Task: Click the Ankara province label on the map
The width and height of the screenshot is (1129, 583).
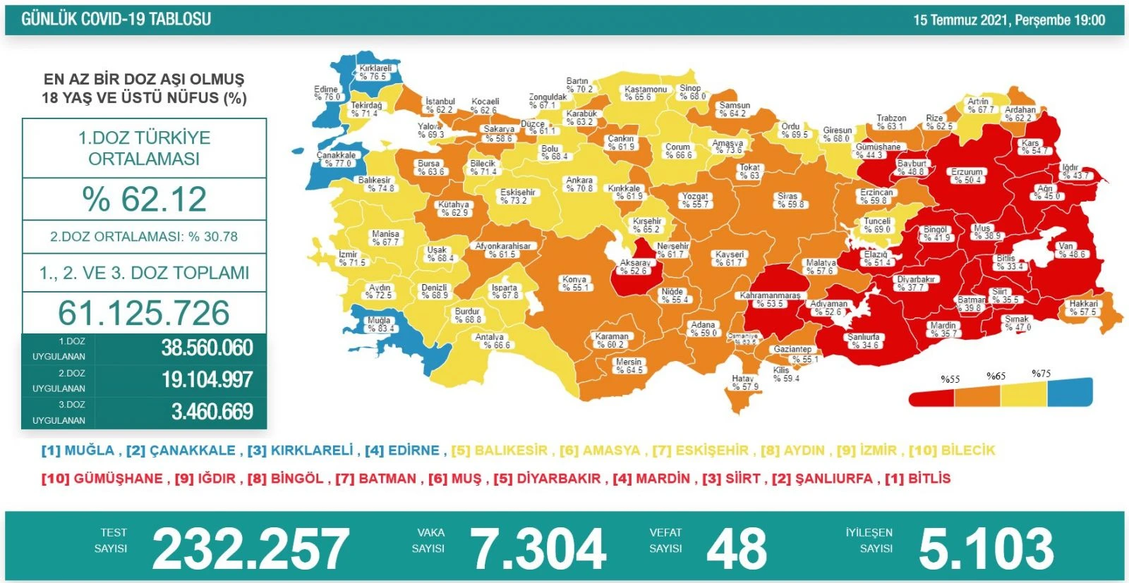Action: click(579, 184)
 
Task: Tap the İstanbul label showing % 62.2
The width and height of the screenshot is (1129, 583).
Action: click(440, 106)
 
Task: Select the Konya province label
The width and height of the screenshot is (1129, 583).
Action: click(574, 283)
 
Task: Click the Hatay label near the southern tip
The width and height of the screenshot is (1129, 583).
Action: click(744, 383)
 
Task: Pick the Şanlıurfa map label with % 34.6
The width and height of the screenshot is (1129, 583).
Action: click(864, 341)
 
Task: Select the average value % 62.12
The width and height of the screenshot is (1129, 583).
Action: click(145, 200)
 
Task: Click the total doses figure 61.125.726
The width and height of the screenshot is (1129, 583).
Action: click(144, 313)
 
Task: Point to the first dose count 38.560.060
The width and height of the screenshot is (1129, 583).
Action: click(207, 348)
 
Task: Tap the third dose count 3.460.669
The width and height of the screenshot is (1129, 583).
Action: click(212, 412)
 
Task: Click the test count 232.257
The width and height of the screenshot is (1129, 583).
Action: click(250, 549)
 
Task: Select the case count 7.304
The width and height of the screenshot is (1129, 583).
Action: click(538, 549)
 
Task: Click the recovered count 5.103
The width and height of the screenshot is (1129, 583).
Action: click(986, 549)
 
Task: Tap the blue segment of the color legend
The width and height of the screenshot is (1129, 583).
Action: click(1070, 393)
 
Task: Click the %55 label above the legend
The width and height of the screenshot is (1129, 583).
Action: click(950, 379)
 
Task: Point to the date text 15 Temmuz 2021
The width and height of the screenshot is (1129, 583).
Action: click(960, 20)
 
